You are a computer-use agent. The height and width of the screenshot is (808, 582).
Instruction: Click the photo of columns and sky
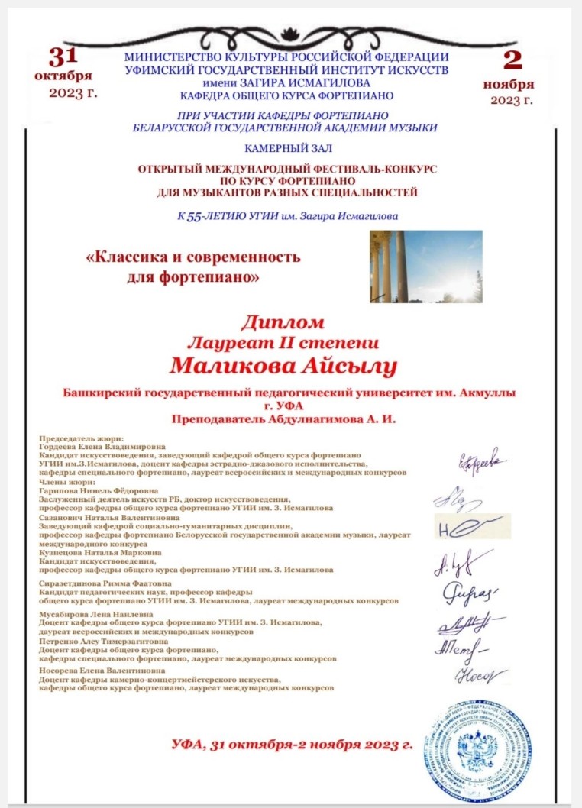[x=425, y=267]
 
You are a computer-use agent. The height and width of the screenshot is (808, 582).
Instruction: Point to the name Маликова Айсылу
[x=283, y=366]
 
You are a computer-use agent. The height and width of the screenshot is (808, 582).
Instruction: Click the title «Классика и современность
[x=193, y=257]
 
